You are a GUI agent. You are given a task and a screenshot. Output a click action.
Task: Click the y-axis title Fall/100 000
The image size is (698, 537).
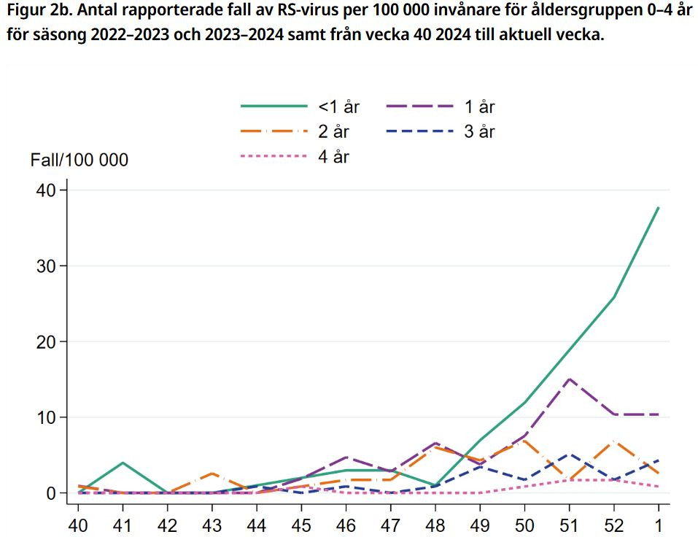click(79, 160)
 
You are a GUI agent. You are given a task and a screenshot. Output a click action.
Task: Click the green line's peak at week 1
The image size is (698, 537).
click(659, 207)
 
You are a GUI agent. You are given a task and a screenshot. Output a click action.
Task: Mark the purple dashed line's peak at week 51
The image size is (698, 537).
click(569, 379)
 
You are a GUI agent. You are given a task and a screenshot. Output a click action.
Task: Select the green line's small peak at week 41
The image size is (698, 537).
click(123, 463)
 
